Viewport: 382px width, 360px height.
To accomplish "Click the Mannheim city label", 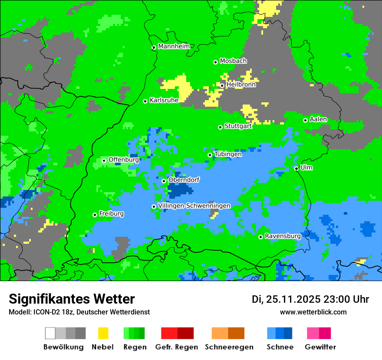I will tap(174, 46).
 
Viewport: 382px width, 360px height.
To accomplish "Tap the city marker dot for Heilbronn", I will tap(222, 85).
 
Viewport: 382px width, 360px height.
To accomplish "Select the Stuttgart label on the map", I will tap(238, 126).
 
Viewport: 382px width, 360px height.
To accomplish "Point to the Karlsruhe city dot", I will tap(145, 101).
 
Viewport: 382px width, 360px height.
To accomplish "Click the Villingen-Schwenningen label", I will tap(194, 206).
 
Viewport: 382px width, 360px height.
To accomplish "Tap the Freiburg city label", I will tap(111, 214).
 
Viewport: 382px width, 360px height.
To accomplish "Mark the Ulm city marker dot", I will tap(296, 168).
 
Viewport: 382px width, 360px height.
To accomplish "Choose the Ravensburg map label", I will tap(283, 236).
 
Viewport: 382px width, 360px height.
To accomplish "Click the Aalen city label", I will tap(318, 119).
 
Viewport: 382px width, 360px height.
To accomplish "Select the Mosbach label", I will tap(233, 61).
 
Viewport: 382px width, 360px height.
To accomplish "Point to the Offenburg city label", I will tap(123, 160).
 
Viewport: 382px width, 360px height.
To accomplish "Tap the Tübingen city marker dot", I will tap(210, 155).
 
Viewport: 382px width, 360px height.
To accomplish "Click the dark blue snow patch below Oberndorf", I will tap(180, 190).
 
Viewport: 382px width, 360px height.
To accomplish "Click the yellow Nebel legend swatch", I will tap(103, 333).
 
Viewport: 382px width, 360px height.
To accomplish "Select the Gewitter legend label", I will tap(320, 347).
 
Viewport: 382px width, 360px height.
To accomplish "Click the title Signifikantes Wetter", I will tap(72, 299).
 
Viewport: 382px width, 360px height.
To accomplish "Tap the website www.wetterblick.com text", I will tap(313, 312).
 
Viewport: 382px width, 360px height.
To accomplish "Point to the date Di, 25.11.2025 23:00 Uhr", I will tap(310, 299).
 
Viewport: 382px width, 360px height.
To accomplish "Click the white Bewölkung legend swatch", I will tap(50, 333).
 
